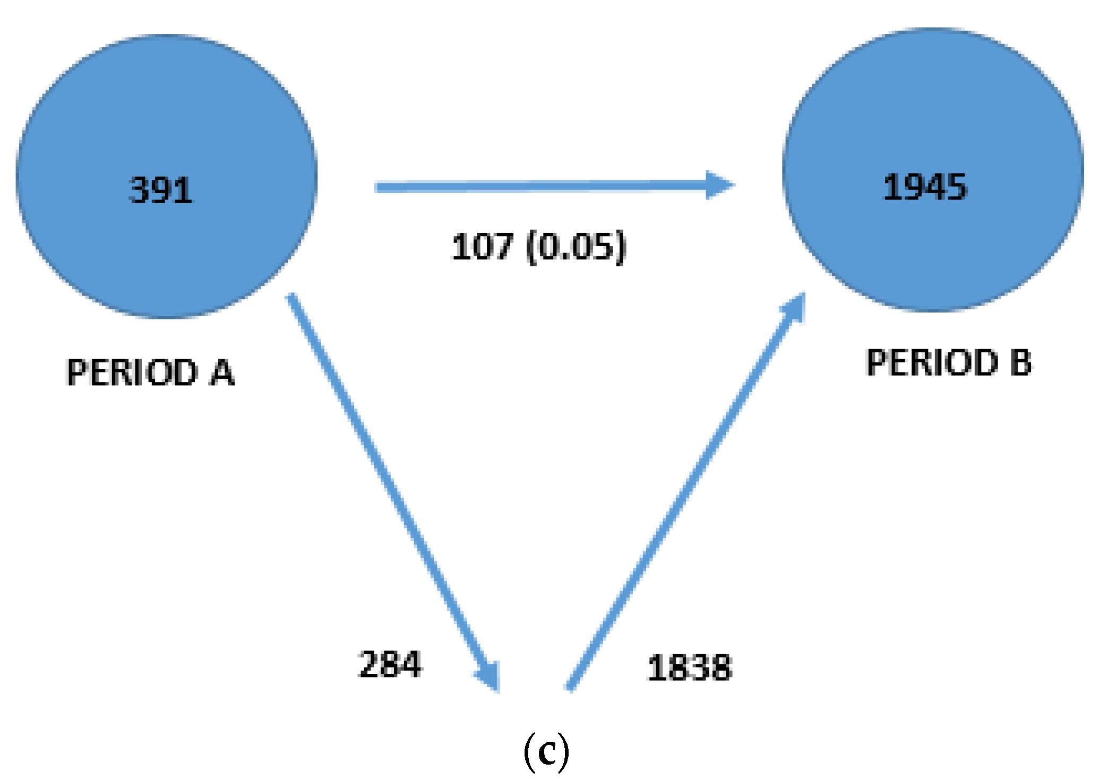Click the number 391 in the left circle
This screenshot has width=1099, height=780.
click(160, 190)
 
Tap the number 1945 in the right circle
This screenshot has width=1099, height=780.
click(924, 187)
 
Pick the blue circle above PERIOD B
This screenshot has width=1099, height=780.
click(933, 106)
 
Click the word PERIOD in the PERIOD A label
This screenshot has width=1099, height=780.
click(132, 372)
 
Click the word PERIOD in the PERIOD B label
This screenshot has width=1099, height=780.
click(932, 363)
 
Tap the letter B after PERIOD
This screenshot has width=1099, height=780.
click(1020, 363)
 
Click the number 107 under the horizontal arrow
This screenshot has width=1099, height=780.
click(482, 247)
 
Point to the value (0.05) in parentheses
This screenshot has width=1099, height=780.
click(576, 247)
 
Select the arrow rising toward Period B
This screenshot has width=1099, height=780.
click(685, 493)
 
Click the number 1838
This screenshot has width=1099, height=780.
click(690, 667)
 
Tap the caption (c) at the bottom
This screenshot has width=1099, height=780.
click(546, 751)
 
